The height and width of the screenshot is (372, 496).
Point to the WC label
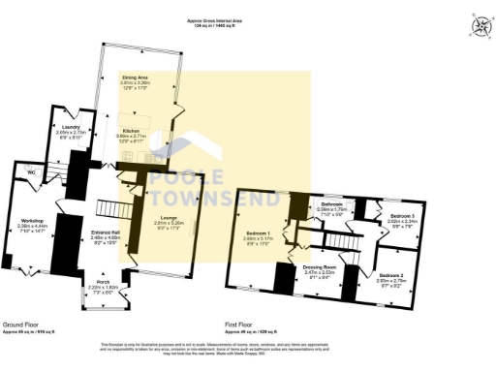click(32, 172)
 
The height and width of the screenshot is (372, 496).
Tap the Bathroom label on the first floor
click(333, 204)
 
